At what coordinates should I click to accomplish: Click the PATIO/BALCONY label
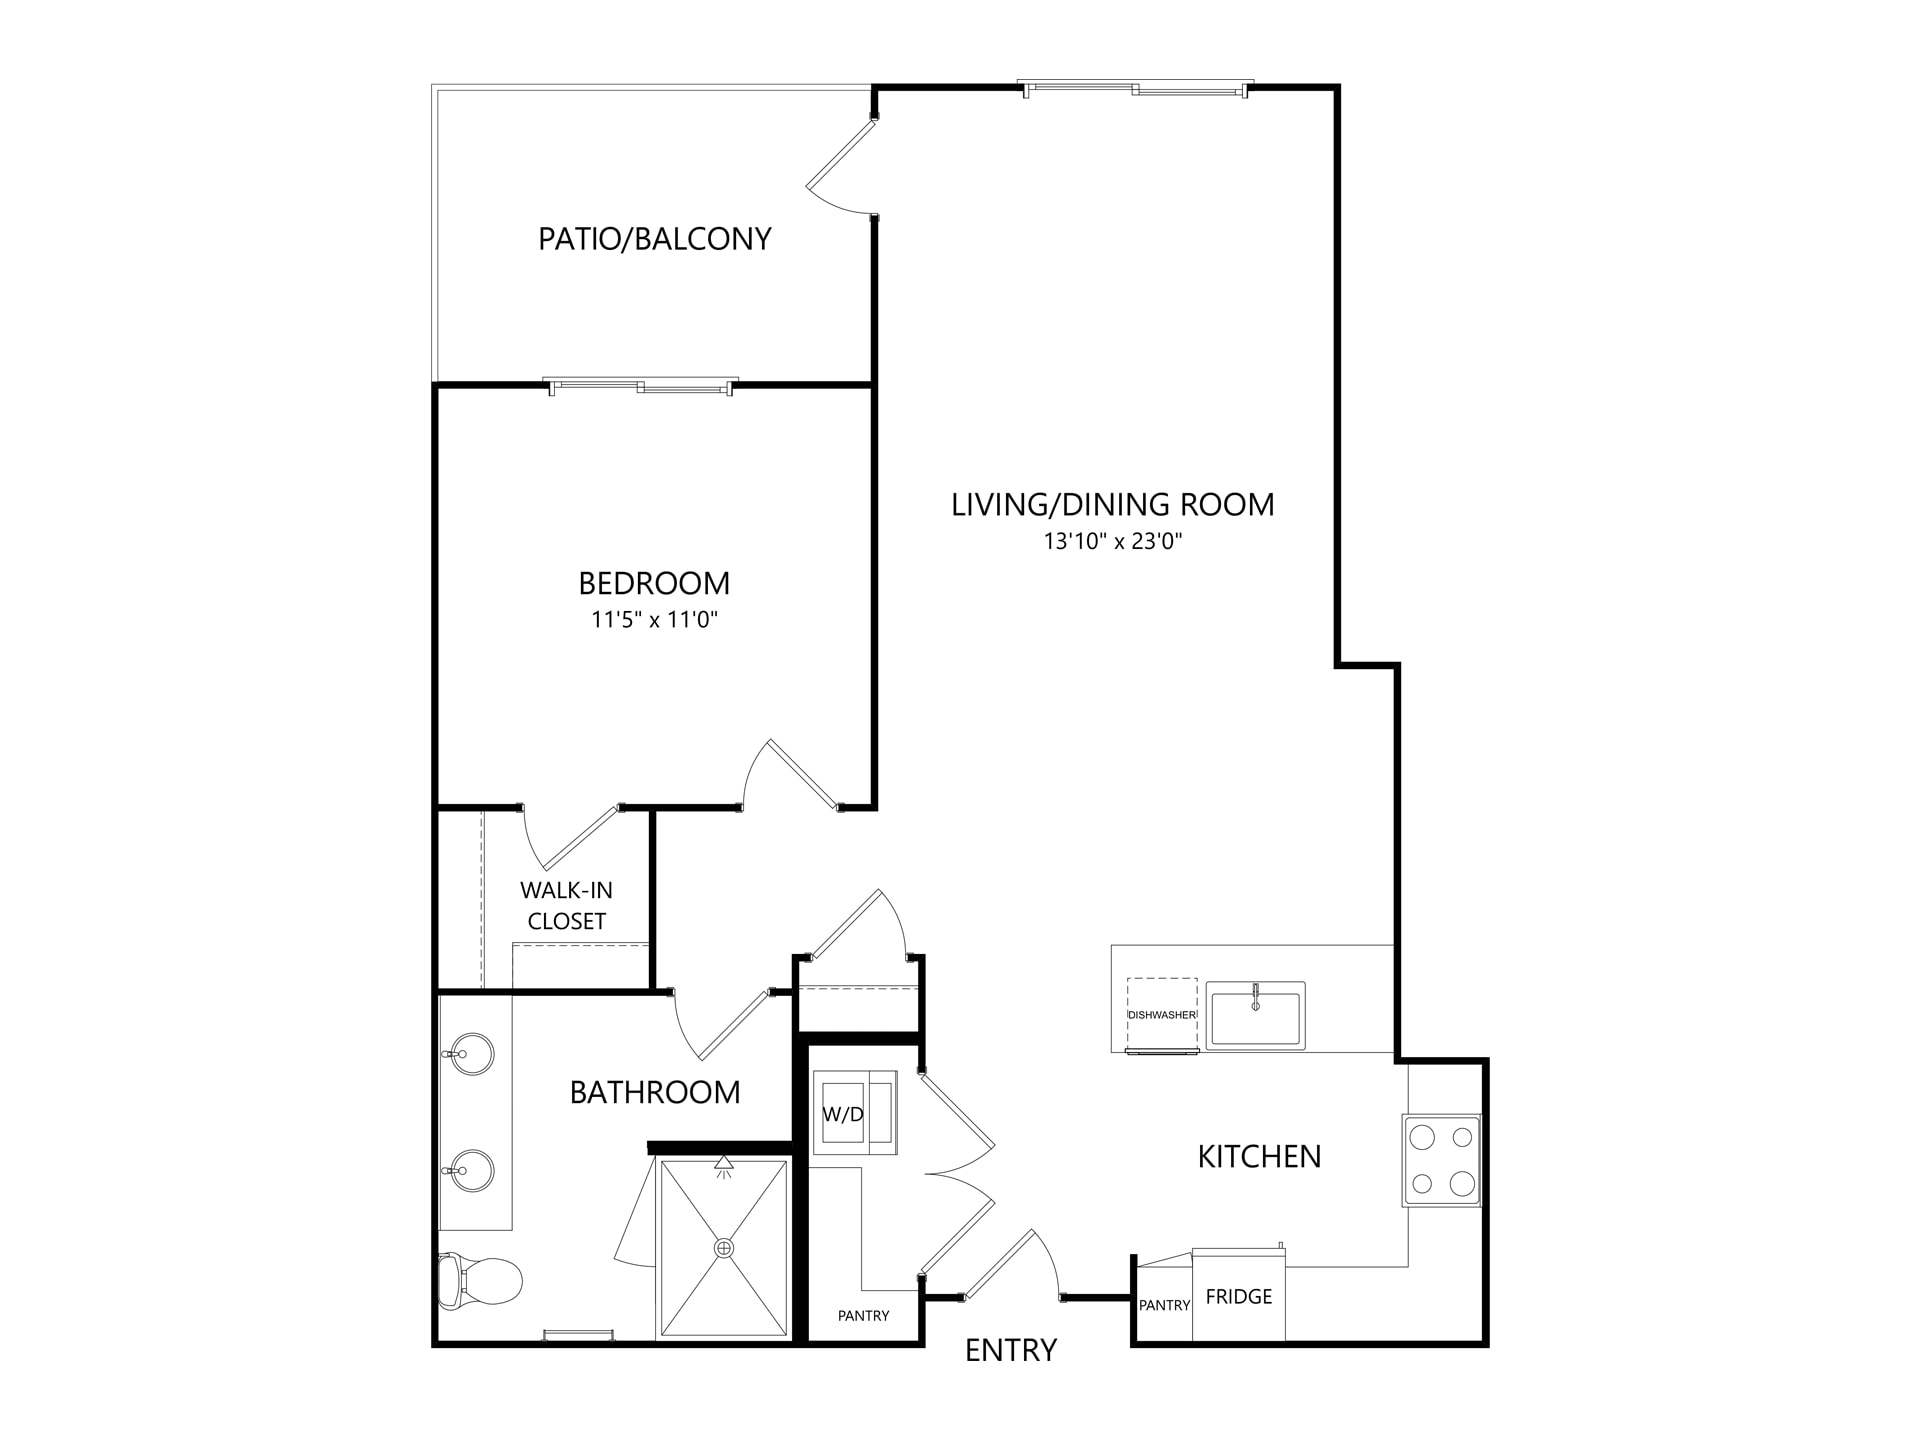(x=655, y=239)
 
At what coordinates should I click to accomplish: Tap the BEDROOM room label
(x=654, y=583)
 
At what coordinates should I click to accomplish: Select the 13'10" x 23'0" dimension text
(x=1113, y=542)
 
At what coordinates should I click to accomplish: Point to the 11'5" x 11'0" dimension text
(x=655, y=620)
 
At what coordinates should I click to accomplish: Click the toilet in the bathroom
(x=480, y=1280)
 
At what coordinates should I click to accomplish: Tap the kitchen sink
(x=1255, y=1015)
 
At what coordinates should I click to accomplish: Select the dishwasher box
(x=1162, y=1015)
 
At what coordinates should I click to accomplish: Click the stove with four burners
(x=1442, y=1160)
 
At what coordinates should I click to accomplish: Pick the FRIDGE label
(x=1239, y=1297)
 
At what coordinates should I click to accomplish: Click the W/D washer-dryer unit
(x=854, y=1112)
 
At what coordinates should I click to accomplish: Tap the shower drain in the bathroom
(x=724, y=1248)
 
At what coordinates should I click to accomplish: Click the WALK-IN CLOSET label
(x=567, y=906)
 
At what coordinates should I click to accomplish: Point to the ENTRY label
(x=1011, y=1350)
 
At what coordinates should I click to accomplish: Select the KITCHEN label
(x=1260, y=1157)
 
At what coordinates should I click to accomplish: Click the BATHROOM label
(x=655, y=1092)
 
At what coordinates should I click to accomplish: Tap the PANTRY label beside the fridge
(x=1165, y=1305)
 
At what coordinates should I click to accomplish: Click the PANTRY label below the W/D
(x=864, y=1316)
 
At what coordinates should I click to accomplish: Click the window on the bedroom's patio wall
(x=640, y=386)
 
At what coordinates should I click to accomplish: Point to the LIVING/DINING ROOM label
(x=1113, y=505)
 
